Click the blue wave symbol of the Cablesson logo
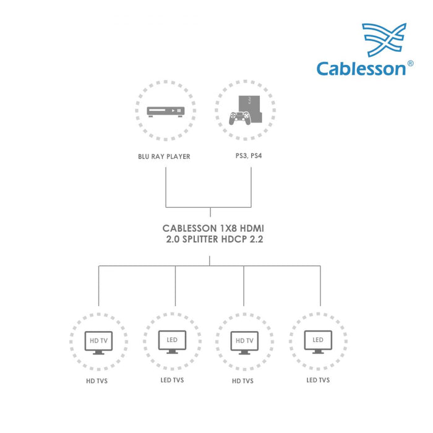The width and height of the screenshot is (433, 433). [x=384, y=40]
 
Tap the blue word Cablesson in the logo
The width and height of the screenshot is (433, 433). [x=361, y=68]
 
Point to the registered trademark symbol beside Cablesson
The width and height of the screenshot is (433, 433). [x=410, y=63]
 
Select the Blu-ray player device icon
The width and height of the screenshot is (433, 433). [x=165, y=111]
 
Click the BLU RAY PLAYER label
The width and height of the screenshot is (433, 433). [x=164, y=156]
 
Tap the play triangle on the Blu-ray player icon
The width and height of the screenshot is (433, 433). [x=173, y=111]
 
